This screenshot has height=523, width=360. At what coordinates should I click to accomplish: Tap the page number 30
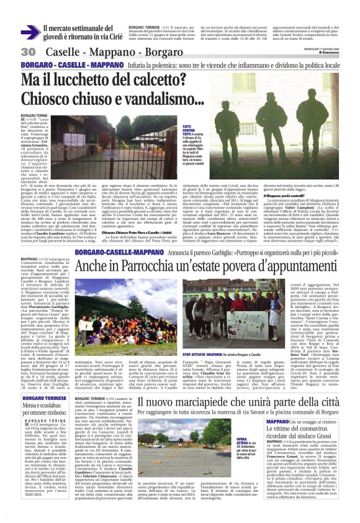[28, 52]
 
